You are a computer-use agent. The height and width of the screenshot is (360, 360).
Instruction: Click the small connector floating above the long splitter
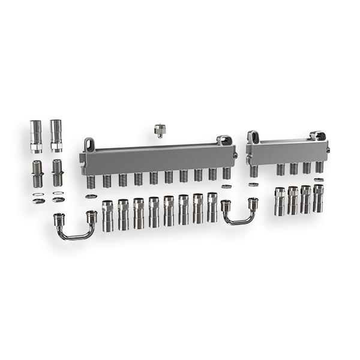tap(160, 130)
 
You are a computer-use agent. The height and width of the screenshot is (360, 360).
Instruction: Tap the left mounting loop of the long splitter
tap(89, 144)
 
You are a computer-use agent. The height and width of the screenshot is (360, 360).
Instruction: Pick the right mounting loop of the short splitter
tap(318, 134)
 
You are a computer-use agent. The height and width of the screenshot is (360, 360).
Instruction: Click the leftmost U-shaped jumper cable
tap(75, 226)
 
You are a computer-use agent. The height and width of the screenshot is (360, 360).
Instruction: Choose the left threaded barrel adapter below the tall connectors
tap(37, 172)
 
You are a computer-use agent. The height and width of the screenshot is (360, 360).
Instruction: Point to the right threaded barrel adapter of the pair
tap(57, 172)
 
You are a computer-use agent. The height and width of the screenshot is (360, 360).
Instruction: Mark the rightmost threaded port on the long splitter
tap(227, 175)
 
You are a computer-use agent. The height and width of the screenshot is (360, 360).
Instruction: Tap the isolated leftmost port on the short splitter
tap(254, 171)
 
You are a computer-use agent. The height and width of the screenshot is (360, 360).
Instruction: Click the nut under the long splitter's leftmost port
tap(91, 196)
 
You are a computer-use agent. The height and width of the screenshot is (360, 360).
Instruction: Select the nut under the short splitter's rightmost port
tap(319, 179)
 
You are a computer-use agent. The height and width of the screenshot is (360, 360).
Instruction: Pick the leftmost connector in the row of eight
tap(108, 216)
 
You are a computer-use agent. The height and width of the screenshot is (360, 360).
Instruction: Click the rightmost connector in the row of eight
tap(212, 207)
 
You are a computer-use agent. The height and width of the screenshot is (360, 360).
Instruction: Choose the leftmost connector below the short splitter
tap(280, 201)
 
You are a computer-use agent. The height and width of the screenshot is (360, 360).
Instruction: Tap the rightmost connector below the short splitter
tap(319, 199)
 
